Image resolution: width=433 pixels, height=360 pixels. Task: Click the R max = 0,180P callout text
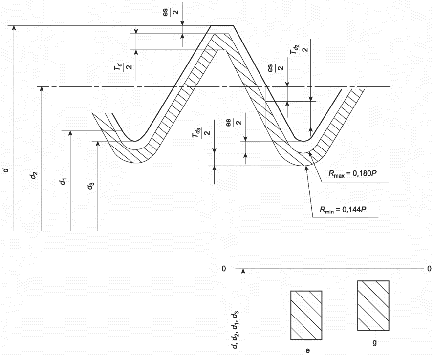click(353, 174)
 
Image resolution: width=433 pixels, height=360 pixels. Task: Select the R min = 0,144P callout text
click(343, 210)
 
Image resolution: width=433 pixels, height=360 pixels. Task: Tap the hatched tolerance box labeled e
click(306, 315)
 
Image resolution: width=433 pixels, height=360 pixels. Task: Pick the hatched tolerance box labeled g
click(373, 305)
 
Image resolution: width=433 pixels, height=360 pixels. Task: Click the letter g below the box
click(375, 343)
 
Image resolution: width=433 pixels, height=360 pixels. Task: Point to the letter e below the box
click(307, 351)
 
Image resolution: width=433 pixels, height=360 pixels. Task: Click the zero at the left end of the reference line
click(224, 269)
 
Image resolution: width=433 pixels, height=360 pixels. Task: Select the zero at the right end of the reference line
click(429, 269)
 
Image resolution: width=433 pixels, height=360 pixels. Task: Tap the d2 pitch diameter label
click(34, 175)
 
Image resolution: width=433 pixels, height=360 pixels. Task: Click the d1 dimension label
click(63, 181)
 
